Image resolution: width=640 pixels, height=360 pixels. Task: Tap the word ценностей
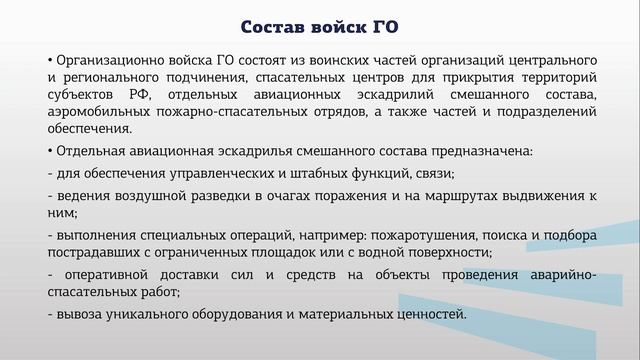[x=430, y=314]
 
